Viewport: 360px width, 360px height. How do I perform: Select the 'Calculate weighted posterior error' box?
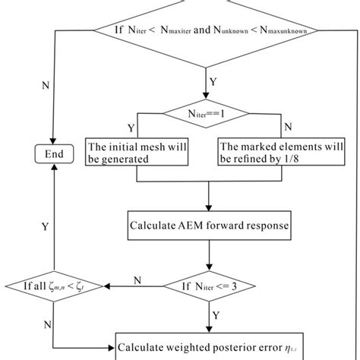point(206,349)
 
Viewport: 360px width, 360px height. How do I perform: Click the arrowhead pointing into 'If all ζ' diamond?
point(106,286)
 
